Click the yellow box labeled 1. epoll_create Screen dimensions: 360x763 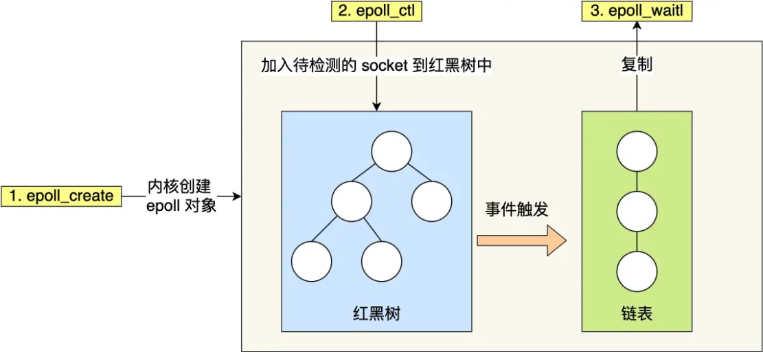[61, 196]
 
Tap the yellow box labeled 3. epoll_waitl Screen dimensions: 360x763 [637, 11]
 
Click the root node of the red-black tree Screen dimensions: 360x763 [391, 151]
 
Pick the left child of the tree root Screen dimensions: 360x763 [351, 201]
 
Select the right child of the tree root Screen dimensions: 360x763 [432, 201]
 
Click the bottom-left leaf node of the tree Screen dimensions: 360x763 [312, 261]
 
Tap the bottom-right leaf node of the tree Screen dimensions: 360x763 [381, 261]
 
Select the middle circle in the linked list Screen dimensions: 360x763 [637, 212]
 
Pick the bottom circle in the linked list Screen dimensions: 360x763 [637, 271]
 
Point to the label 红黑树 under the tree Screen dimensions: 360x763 [376, 315]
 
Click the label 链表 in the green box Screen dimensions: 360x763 [636, 315]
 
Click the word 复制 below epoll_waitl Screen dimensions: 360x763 [637, 65]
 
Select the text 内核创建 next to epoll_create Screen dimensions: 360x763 [181, 187]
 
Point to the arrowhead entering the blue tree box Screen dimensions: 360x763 [376, 106]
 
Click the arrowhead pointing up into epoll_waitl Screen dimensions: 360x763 [637, 25]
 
